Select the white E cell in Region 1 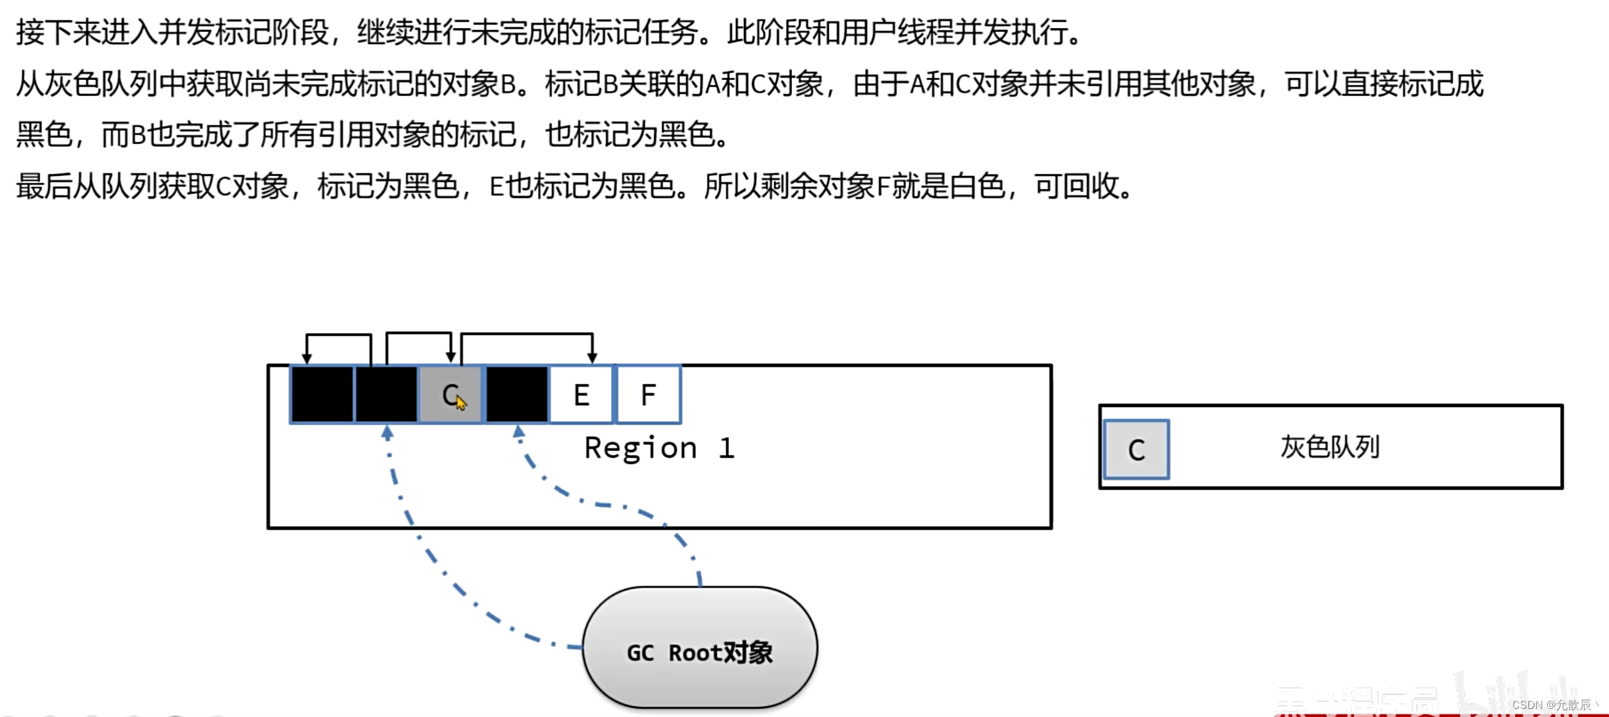tap(581, 394)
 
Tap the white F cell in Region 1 tap(649, 394)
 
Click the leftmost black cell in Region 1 tap(323, 394)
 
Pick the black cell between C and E tap(517, 394)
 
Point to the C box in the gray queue tap(1136, 450)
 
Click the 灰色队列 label tap(1330, 447)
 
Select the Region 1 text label tap(659, 448)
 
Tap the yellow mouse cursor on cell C tap(461, 402)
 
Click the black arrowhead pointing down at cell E tap(592, 357)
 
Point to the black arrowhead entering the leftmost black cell tap(307, 357)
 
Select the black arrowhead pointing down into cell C tap(451, 357)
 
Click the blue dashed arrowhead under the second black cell tap(387, 433)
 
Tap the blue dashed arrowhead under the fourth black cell tap(519, 433)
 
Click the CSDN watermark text tap(1552, 705)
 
